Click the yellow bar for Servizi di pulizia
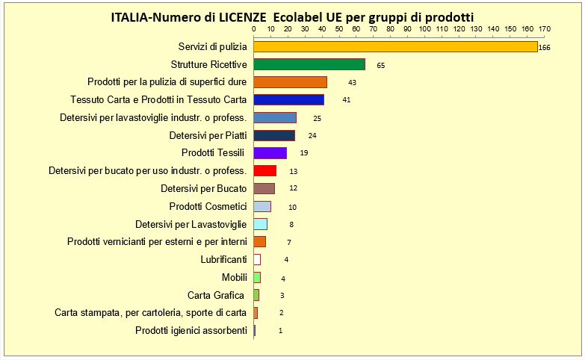tap(395, 46)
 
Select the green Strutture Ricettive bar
tap(309, 64)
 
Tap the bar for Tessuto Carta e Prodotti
tap(289, 99)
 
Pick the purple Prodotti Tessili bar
tap(270, 153)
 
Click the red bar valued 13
tap(265, 171)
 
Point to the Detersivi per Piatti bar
tap(274, 135)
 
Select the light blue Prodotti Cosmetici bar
tap(262, 206)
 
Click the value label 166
tap(544, 47)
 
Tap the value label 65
tap(380, 65)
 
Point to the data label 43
tap(352, 82)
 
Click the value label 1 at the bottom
tap(280, 331)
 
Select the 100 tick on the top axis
tap(424, 29)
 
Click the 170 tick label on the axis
tap(544, 29)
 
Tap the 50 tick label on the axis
tap(339, 29)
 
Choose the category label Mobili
tap(235, 277)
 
